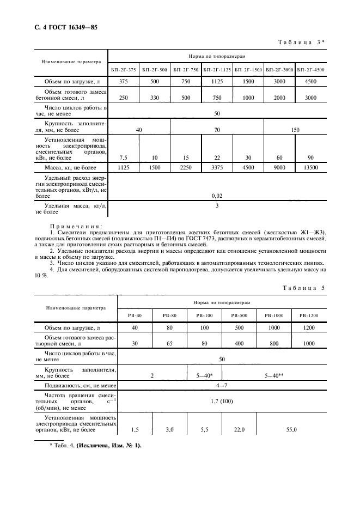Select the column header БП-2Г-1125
[x=217, y=70]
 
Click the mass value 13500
[x=310, y=168]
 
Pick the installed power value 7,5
[x=123, y=157]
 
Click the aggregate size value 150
[x=295, y=130]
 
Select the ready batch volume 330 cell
[x=155, y=97]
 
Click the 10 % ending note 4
[x=41, y=276]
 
